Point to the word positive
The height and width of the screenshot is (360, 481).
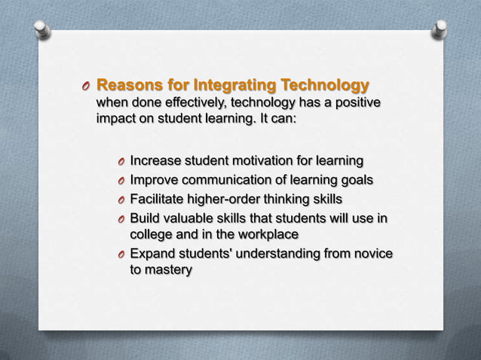[356, 102]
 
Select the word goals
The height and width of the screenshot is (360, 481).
[354, 180]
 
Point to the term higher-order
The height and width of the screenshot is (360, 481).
[237, 200]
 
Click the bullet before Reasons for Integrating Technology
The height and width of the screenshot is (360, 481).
[87, 86]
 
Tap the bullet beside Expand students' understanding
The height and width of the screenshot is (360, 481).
[121, 255]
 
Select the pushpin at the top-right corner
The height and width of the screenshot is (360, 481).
[440, 29]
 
